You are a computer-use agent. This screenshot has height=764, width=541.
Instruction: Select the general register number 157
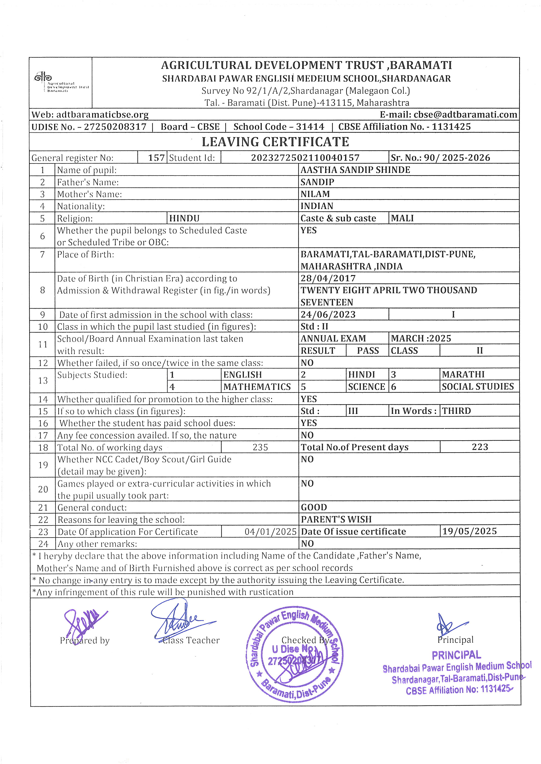[x=156, y=158]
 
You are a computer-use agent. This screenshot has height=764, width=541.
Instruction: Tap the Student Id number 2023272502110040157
[x=305, y=158]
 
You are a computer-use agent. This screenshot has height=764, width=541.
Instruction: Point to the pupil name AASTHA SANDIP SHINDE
[x=355, y=170]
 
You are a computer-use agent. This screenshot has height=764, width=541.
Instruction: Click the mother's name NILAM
[x=315, y=194]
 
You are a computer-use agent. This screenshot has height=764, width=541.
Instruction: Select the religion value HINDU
[x=184, y=218]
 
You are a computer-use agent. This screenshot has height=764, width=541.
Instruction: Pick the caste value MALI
[x=402, y=218]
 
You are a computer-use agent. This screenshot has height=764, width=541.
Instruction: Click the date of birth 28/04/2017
[x=328, y=278]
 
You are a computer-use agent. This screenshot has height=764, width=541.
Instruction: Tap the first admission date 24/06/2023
[x=328, y=314]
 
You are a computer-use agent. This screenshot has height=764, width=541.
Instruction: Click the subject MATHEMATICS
[x=257, y=387]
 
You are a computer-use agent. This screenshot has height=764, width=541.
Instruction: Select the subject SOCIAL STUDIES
[x=478, y=387]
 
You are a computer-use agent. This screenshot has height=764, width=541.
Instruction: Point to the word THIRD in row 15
[x=456, y=411]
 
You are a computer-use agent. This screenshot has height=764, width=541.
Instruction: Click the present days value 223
[x=480, y=447]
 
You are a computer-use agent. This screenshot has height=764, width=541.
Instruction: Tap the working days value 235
[x=260, y=447]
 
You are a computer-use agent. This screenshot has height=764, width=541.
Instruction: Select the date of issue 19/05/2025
[x=469, y=531]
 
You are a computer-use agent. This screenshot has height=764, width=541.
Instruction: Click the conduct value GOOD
[x=314, y=507]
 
